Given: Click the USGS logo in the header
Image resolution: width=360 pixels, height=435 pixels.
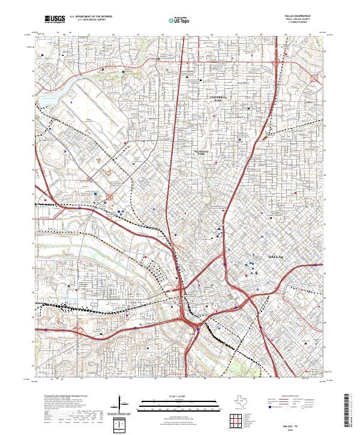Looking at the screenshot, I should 55,20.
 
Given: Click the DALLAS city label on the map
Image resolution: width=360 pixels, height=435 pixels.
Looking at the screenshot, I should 272,256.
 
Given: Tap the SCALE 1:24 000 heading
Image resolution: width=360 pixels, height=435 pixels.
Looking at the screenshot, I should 180,394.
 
